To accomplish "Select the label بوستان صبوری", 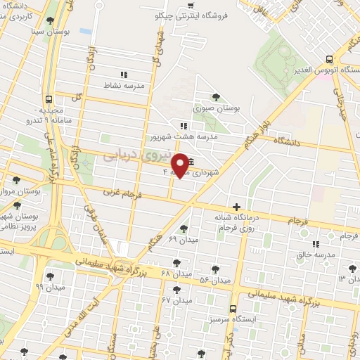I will (217, 109).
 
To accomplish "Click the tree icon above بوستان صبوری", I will (217, 98).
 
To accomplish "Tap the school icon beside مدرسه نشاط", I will (124, 74).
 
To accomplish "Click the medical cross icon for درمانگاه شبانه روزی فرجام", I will (237, 207).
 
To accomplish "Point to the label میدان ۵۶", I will (214, 280).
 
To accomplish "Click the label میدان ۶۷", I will (176, 300).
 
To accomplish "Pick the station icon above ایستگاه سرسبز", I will (233, 308).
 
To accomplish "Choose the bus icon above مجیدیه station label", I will (48, 99).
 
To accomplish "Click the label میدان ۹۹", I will (50, 287).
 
